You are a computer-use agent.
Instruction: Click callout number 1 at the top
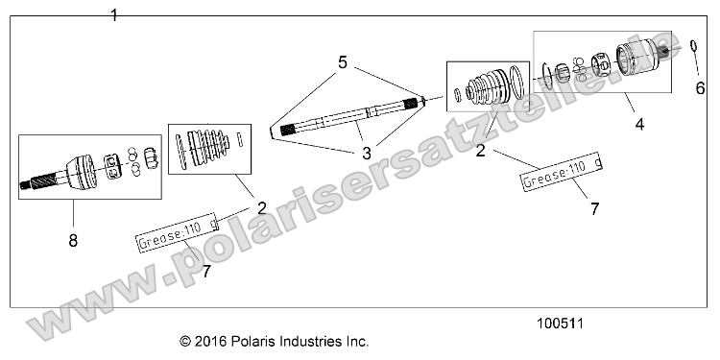pos(114,15)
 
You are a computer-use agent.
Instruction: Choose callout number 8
pos(73,241)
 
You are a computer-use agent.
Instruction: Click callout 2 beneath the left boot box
pos(261,206)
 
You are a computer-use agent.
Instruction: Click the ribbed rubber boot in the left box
pos(208,146)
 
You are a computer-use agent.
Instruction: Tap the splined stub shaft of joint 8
pos(38,180)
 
